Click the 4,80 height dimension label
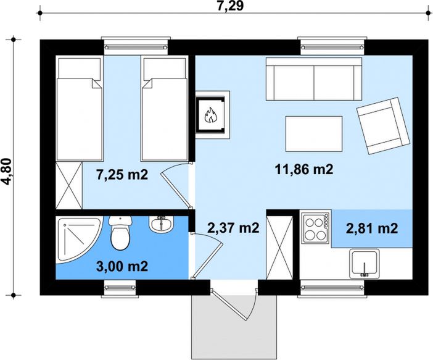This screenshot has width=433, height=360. tap(8, 165)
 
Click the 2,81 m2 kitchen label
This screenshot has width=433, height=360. tap(371, 228)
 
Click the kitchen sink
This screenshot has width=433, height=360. tap(365, 264)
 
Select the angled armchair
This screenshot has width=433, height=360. tap(382, 125)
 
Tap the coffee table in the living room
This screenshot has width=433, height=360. tap(314, 133)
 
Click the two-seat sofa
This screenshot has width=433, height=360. tap(313, 79)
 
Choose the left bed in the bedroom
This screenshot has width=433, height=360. tap(79, 109)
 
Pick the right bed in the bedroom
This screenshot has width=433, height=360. tap(163, 109)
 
